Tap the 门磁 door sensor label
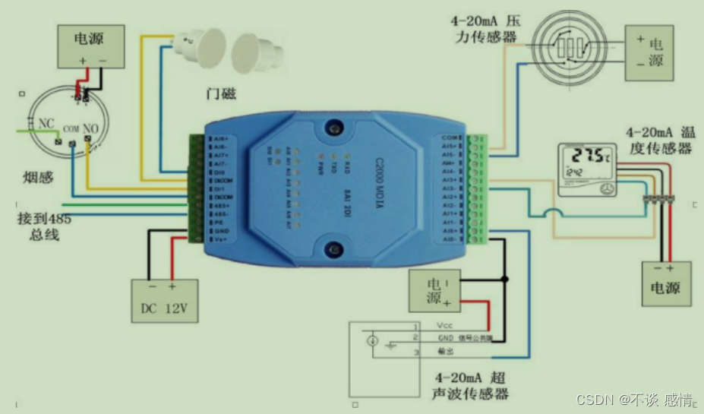[219, 95]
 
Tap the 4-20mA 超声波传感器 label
[471, 385]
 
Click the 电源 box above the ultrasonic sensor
[435, 290]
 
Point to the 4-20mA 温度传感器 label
[658, 140]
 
